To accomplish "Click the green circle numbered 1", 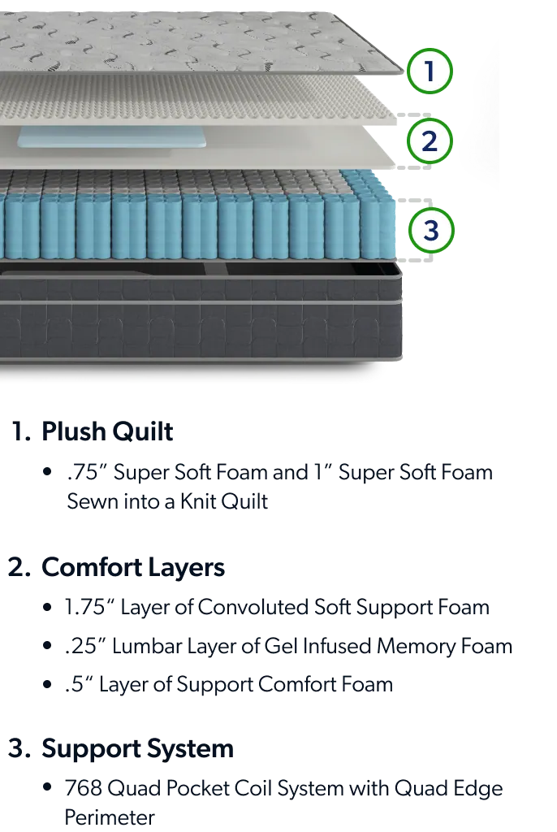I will pos(430,71).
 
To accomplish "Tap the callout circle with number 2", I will pos(430,141).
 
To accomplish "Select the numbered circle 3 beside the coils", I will pos(430,230).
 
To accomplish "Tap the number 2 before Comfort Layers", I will pos(17,567).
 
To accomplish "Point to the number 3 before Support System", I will pos(17,747).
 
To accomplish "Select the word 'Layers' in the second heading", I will pos(188,567).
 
